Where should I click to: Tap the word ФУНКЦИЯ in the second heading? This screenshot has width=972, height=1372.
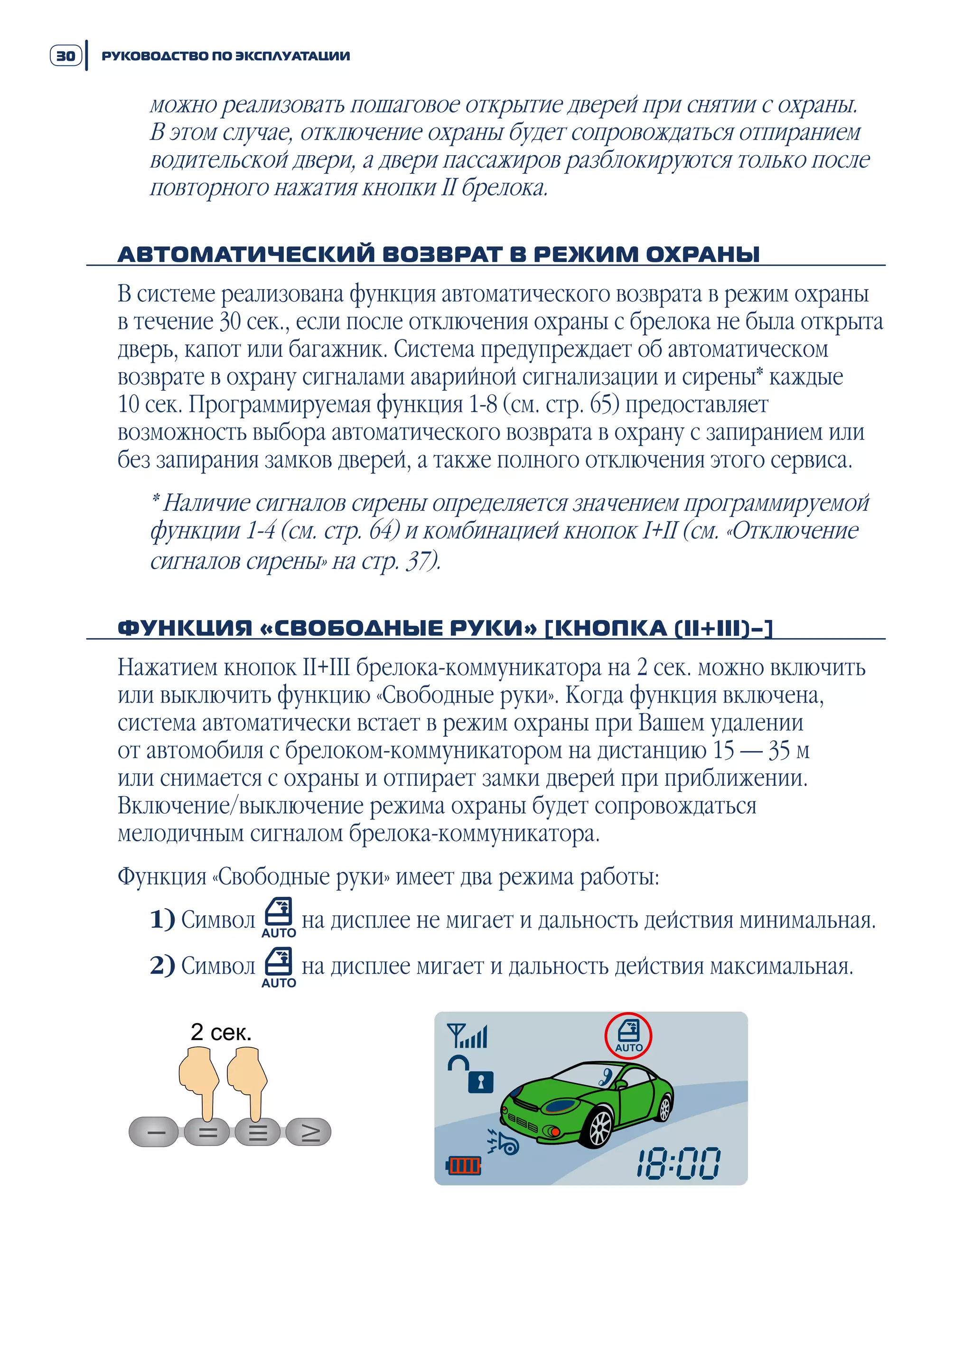185,628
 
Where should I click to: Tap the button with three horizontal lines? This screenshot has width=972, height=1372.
258,1132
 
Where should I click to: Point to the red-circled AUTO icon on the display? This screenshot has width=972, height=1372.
628,1035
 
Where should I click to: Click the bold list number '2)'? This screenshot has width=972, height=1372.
162,965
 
